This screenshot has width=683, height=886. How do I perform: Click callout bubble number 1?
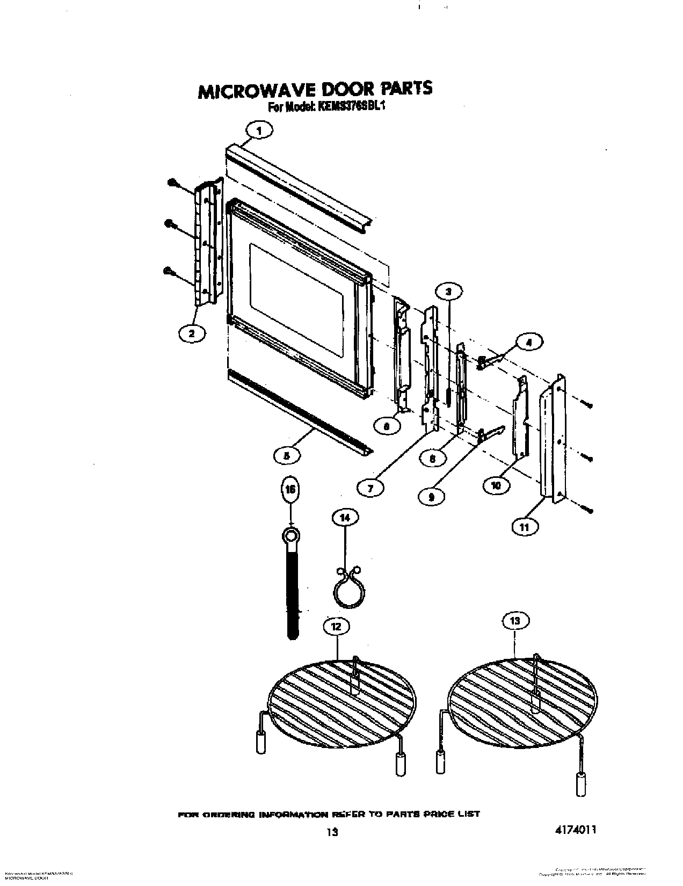(259, 130)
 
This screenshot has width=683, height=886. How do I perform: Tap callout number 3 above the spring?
(449, 291)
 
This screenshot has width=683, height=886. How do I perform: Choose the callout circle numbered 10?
(497, 485)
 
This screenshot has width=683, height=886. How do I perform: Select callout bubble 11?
(524, 527)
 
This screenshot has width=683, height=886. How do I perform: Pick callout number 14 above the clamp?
(345, 518)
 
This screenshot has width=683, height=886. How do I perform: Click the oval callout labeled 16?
(290, 490)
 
